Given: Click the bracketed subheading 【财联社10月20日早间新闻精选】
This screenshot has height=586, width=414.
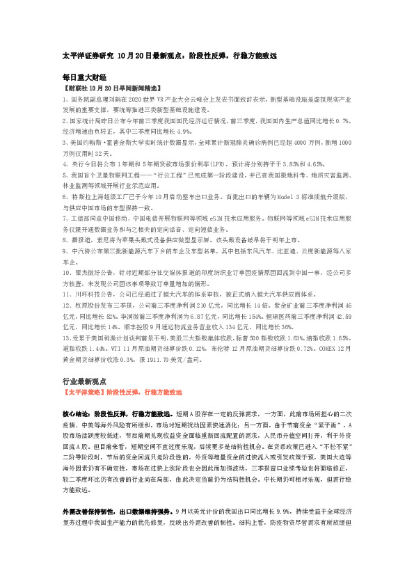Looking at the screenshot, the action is pos(102,89).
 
